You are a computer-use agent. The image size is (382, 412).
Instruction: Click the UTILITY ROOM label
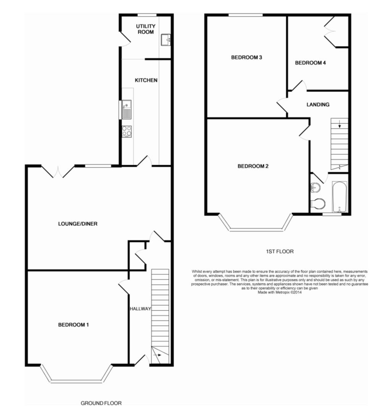point(146,29)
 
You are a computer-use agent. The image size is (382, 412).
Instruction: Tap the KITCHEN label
point(146,80)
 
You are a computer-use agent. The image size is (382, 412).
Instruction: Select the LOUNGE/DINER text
point(77,224)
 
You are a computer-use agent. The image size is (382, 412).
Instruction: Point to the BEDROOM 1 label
point(73,325)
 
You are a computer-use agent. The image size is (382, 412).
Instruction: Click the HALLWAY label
point(140,309)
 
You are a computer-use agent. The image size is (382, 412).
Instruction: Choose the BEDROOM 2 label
point(253,166)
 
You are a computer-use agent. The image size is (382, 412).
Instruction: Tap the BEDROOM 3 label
point(247,58)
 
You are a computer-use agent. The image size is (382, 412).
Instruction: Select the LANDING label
point(318,104)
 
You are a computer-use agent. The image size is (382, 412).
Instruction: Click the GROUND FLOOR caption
point(101,403)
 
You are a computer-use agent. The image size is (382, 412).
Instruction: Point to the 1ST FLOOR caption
point(280,251)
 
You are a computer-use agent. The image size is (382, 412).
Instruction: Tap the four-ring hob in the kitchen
point(127,131)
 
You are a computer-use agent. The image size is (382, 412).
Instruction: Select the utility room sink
point(166,39)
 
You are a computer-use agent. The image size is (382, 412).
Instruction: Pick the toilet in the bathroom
point(318,204)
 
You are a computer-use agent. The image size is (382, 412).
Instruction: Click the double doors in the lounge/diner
point(58,172)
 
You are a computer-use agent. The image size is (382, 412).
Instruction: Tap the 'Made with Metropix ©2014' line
point(280,293)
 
